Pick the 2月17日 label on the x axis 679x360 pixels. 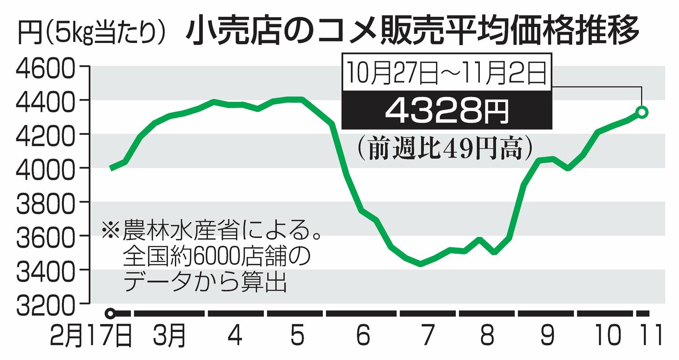pos(91,336)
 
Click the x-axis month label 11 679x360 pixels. pos(650,336)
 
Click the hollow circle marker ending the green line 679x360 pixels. pos(642,112)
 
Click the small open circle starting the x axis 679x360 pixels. pos(110,313)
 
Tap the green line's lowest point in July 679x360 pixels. pos(421,264)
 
